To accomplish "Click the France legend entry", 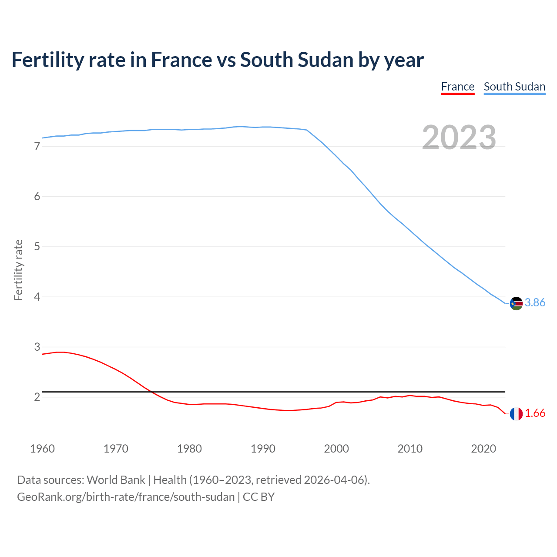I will (457, 87).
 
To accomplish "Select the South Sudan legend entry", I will (514, 87).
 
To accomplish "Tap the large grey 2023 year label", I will (459, 138).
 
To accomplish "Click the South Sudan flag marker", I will (516, 303).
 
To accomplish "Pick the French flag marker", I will (516, 414).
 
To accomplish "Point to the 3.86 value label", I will (535, 302).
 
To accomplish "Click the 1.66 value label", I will (535, 413).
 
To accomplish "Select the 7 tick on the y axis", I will (37, 147).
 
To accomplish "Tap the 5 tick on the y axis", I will (37, 247).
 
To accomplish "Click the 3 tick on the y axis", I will (37, 347).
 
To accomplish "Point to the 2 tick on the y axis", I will (37, 397).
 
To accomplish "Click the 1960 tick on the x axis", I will (42, 449).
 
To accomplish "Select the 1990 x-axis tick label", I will (263, 449).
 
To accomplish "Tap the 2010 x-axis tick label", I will (410, 449).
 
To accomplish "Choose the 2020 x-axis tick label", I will (483, 449).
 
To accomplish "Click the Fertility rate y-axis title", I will (18, 270).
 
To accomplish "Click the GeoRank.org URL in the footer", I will (126, 497).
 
